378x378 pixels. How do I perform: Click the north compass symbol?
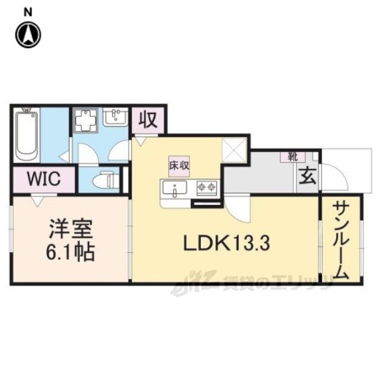(27, 34)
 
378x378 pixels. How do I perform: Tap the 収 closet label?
(148, 120)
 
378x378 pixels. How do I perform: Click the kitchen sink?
(175, 189)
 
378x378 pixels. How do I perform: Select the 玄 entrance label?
(307, 177)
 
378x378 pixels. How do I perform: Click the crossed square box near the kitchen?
(234, 149)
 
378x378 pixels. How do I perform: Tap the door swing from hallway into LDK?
(237, 210)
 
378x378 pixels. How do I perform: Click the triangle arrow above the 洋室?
(37, 202)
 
